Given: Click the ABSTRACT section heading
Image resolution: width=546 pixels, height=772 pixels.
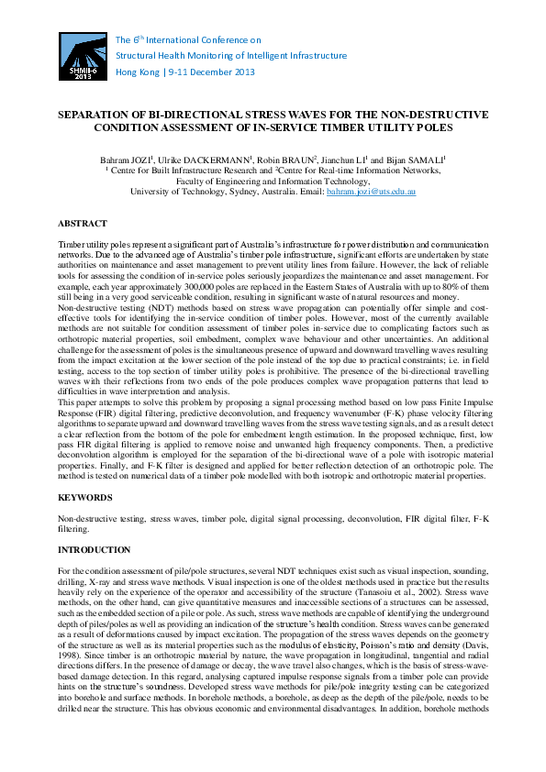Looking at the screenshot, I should pos(83,224).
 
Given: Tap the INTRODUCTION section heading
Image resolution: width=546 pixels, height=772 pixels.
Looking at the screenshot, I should pos(94,550).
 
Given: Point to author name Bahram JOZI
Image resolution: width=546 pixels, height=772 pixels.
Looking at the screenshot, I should pos(125,160).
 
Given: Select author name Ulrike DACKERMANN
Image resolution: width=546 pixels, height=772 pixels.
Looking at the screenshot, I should pos(195,160).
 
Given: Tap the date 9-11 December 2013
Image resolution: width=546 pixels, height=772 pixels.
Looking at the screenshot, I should pos(210,72).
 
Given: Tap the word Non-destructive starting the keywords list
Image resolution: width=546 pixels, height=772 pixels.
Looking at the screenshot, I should pos(87,519).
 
